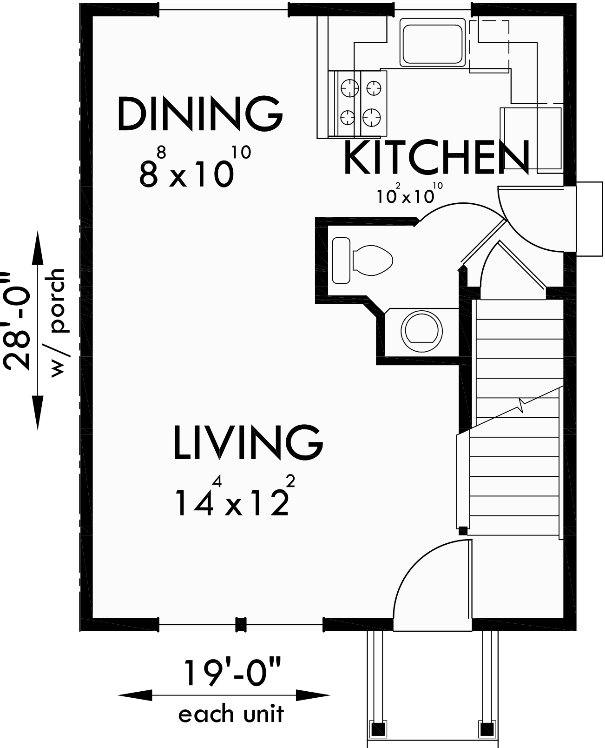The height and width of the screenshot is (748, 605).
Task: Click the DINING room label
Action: coord(200,114)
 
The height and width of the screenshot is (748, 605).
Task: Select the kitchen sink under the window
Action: coord(433,44)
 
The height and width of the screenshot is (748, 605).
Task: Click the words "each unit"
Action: coord(231,714)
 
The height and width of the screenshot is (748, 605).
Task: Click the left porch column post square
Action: coord(377,727)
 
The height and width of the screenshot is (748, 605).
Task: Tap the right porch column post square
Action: coord(487,727)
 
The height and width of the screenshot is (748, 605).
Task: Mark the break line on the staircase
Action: coord(523,405)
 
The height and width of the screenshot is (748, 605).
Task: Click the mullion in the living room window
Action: coord(240,624)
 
